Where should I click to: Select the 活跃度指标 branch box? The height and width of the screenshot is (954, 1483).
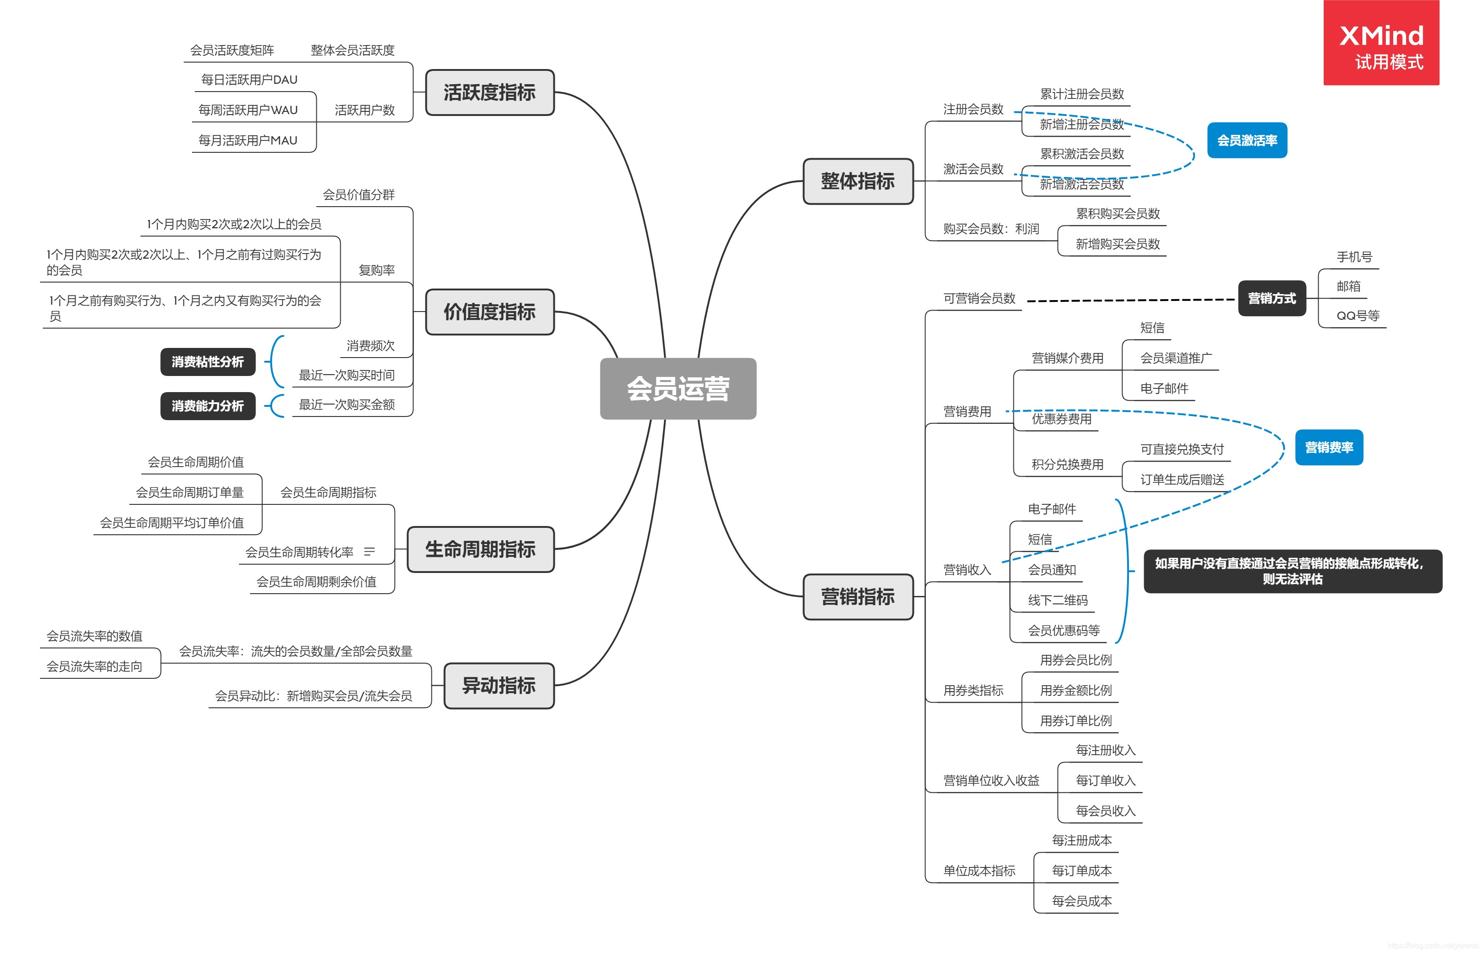pyautogui.click(x=489, y=93)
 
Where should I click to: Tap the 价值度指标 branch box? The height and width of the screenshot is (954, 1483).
pyautogui.click(x=489, y=312)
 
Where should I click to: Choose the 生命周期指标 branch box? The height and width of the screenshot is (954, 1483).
pyautogui.click(x=480, y=549)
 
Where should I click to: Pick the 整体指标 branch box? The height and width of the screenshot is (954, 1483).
pyautogui.click(x=858, y=181)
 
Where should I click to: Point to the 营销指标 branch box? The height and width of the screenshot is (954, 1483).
pyautogui.click(x=858, y=596)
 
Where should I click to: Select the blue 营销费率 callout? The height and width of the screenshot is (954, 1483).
pyautogui.click(x=1329, y=447)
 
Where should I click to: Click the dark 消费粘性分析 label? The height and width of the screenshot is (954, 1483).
pyautogui.click(x=208, y=362)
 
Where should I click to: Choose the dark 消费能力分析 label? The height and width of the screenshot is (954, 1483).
pyautogui.click(x=208, y=406)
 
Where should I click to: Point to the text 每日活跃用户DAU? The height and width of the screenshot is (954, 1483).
pyautogui.click(x=249, y=80)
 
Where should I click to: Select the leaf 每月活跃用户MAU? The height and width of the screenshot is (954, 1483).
pyautogui.click(x=248, y=141)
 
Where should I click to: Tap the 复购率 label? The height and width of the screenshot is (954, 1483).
pyautogui.click(x=376, y=270)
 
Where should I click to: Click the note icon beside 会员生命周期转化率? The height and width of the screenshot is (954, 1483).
pyautogui.click(x=369, y=551)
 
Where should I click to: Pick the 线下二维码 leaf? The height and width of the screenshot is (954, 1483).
pyautogui.click(x=1057, y=600)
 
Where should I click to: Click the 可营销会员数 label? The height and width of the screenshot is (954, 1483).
pyautogui.click(x=979, y=299)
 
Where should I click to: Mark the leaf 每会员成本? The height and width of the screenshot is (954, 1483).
pyautogui.click(x=1082, y=901)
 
